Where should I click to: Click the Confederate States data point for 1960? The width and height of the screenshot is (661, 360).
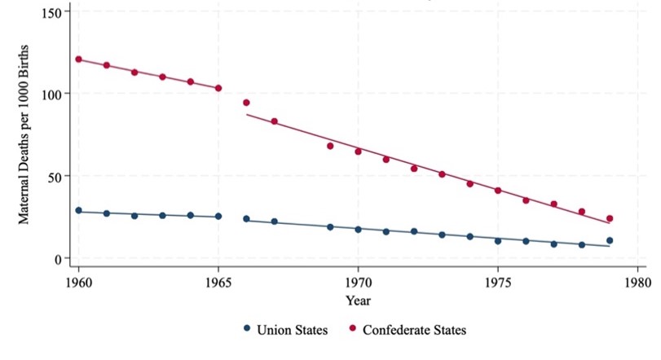click(79, 59)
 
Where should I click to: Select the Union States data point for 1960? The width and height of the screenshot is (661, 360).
click(79, 211)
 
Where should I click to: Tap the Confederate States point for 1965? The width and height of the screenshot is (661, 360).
click(218, 88)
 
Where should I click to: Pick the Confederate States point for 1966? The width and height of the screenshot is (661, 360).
click(246, 103)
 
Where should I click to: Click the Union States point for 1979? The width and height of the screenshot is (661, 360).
click(609, 240)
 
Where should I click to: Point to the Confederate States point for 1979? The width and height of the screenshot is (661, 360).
click(609, 218)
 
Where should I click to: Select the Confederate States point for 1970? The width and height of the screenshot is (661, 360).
click(358, 151)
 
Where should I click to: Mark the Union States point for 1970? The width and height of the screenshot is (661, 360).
click(358, 230)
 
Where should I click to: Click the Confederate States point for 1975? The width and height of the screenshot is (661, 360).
click(497, 191)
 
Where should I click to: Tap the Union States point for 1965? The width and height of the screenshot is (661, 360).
click(218, 217)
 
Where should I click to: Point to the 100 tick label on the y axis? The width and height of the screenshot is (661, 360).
click(53, 94)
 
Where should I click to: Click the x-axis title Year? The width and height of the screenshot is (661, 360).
click(358, 301)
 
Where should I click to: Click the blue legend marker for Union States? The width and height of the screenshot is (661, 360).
click(246, 330)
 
